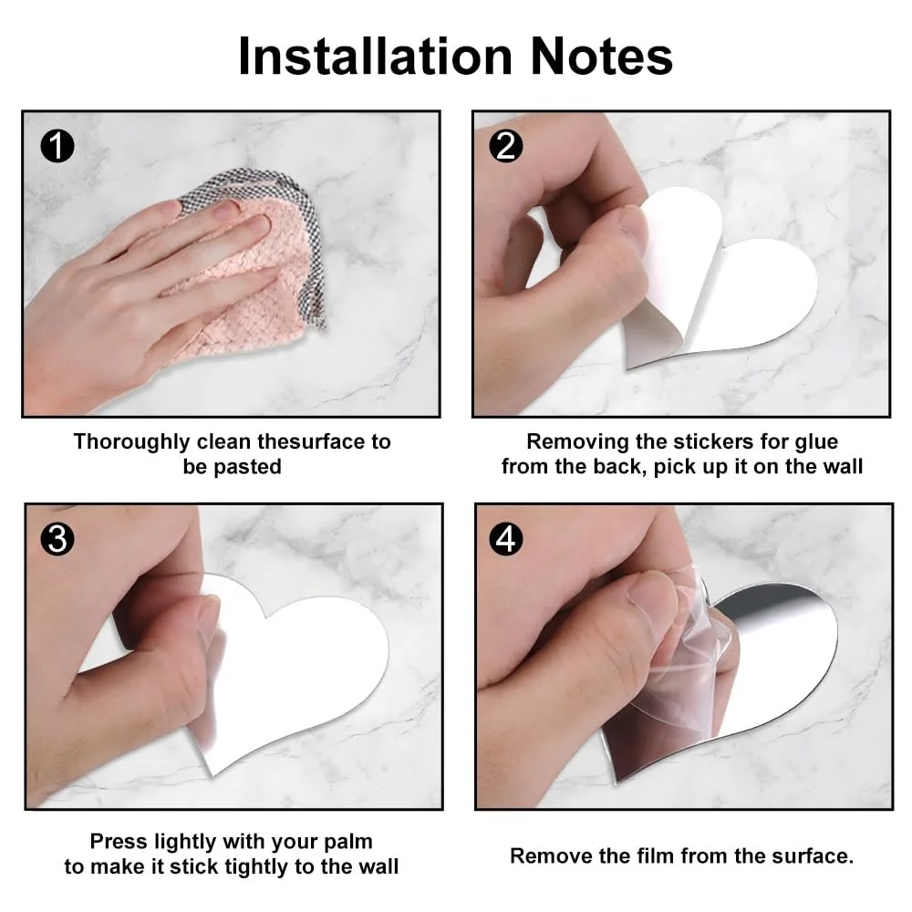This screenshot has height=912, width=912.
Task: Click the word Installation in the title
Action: (376, 57)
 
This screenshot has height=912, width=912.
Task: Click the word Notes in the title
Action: (602, 57)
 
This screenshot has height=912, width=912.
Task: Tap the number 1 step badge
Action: (57, 145)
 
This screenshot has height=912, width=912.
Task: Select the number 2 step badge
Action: (505, 145)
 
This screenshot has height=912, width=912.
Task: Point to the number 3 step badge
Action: (57, 539)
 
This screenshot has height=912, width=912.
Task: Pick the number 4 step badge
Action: (505, 539)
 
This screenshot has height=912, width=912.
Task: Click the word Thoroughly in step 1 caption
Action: (131, 442)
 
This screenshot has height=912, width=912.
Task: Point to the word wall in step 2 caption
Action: (844, 466)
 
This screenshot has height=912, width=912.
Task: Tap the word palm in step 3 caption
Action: (347, 842)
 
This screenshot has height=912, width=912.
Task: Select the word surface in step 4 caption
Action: (812, 855)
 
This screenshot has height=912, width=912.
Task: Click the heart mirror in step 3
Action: (296, 668)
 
